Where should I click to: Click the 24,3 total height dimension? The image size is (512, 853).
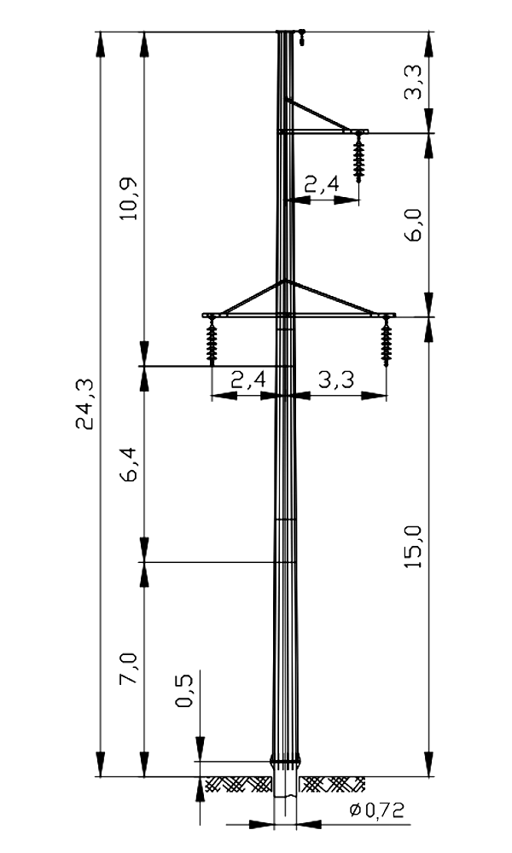click(84, 404)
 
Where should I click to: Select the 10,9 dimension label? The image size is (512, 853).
click(130, 199)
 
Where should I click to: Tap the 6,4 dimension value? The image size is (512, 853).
click(130, 464)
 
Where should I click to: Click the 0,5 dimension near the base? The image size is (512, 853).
click(184, 690)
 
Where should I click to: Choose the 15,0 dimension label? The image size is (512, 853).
click(414, 548)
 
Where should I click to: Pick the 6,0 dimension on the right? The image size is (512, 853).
click(414, 224)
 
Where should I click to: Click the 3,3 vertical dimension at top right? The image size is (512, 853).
click(414, 82)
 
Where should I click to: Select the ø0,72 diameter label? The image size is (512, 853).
click(377, 810)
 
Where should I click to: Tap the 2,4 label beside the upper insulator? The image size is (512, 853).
click(322, 184)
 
